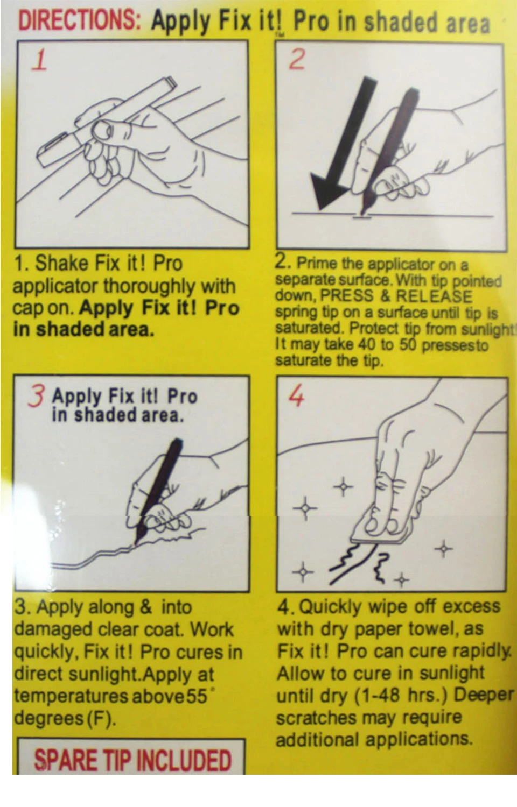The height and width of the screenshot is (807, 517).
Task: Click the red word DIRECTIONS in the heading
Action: click(79, 20)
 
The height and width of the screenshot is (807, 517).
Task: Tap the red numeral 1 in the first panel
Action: click(40, 60)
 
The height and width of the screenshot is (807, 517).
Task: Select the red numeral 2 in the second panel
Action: click(297, 59)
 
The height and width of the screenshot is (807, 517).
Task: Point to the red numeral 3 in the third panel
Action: click(36, 395)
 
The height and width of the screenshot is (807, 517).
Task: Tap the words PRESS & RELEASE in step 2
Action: click(396, 296)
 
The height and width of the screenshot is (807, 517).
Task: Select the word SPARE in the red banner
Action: click(66, 761)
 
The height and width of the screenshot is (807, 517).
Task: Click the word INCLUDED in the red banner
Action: click(184, 761)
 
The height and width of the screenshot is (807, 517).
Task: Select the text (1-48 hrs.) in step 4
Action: click(401, 695)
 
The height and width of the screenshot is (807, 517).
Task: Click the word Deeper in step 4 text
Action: click(484, 695)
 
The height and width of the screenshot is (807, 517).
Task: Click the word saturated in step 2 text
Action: click(310, 328)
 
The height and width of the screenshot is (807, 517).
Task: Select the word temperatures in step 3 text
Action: click(71, 696)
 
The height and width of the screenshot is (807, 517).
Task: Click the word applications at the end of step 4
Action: click(418, 739)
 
